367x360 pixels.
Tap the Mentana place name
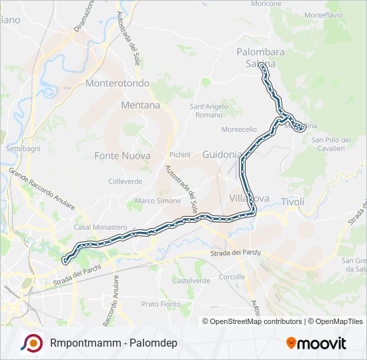(141, 105)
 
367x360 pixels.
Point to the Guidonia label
(222, 154)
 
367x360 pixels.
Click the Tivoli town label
(293, 201)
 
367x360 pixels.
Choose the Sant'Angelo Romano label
(206, 111)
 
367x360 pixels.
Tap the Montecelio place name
(239, 129)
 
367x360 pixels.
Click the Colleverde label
(125, 181)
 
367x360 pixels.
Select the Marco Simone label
(158, 201)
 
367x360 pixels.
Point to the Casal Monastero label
(100, 227)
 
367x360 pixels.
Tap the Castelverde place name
(192, 281)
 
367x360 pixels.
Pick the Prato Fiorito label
(161, 304)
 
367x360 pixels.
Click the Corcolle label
(232, 276)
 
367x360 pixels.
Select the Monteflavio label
(323, 15)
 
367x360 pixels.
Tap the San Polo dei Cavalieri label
(331, 143)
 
